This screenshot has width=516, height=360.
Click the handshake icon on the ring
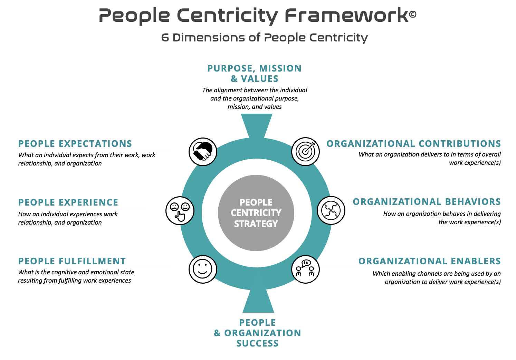pos(203,151)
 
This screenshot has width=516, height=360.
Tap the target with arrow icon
pos(305,151)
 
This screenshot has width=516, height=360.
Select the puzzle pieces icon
pos(331,210)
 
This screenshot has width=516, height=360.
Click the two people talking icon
pos(305,269)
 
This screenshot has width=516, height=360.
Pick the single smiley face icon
pos(203,269)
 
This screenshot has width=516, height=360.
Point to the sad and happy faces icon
pos(180,211)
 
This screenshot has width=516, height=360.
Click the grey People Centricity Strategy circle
pos(256,213)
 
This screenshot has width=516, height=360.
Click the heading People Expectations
pos(75,144)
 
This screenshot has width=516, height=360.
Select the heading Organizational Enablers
pos(429,261)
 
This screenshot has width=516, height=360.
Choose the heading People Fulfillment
pos(72,261)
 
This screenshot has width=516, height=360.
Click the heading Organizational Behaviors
pos(427,202)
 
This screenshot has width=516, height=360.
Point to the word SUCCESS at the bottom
pos(257,343)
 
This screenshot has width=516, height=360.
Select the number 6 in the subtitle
pos(165,37)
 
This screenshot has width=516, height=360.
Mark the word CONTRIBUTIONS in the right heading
pos(460,144)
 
